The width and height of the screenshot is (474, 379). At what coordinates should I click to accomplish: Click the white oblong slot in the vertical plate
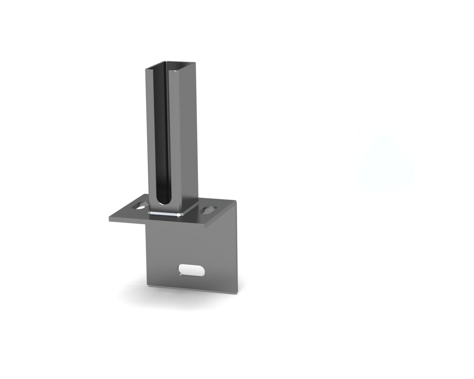pyautogui.click(x=191, y=270)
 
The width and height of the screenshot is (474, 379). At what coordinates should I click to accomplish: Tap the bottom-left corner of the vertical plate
pyautogui.click(x=147, y=285)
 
